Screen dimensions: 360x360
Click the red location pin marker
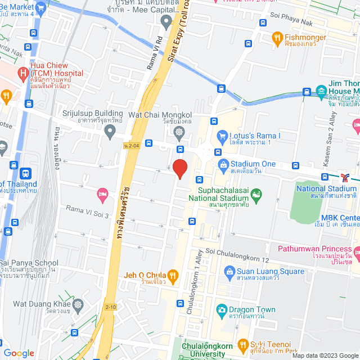(179, 168)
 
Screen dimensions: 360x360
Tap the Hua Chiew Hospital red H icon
(22, 73)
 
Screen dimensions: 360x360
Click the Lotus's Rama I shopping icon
(222, 136)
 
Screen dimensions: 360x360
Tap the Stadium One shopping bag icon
(222, 164)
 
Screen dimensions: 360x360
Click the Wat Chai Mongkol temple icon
(179, 133)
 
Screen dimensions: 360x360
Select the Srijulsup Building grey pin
(110, 131)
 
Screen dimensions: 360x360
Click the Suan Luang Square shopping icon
(229, 272)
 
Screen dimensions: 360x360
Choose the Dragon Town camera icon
(222, 309)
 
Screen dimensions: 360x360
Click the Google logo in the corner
(19, 353)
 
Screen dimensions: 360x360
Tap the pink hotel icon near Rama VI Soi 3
(102, 195)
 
